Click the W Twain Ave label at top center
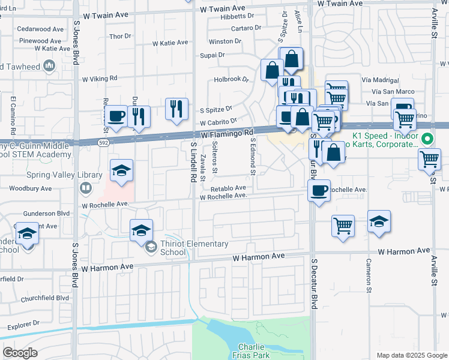[x=223, y=9]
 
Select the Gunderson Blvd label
[x=47, y=214]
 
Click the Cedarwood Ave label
[x=40, y=29]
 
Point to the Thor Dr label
[x=120, y=37]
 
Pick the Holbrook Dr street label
[x=231, y=79]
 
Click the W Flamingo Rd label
[x=228, y=134]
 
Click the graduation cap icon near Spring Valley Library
[x=121, y=171]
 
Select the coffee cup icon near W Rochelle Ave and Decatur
[x=319, y=190]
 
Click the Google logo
[x=20, y=353]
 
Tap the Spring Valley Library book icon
[x=86, y=189]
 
